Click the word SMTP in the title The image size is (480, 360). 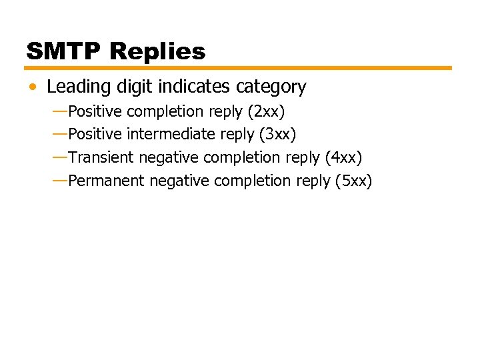pos(63,51)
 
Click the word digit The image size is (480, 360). pos(127,87)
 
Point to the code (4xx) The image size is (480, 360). pos(343,158)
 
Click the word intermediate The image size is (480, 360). pos(171,135)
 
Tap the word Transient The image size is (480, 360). pos(101,158)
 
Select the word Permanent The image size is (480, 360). pos(106,181)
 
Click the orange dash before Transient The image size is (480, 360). pos(59,157)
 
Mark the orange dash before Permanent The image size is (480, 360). pos(59,180)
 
